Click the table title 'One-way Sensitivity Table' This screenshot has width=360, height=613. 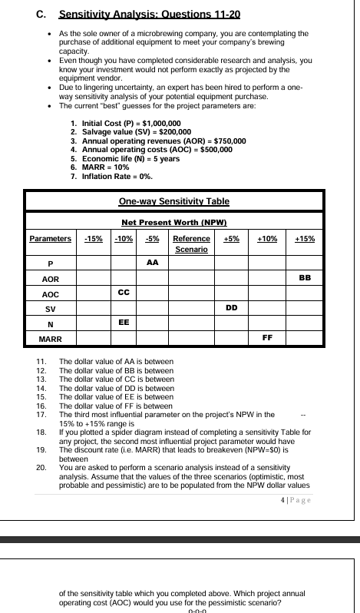point(174,201)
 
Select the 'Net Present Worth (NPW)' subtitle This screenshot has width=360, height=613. point(174,222)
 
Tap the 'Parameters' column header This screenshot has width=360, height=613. point(51,239)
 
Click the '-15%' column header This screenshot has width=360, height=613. point(94,239)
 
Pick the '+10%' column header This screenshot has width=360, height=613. point(267,239)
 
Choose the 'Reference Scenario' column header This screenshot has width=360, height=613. point(191,244)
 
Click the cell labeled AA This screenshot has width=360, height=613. point(152,262)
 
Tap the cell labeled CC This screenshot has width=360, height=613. point(123,292)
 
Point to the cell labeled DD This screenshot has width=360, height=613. point(231,307)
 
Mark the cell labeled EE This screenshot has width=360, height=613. point(123,322)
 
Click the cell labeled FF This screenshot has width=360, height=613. point(267,336)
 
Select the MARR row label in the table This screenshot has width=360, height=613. point(51,338)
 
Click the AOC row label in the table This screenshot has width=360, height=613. point(51,293)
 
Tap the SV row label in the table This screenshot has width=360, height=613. point(51,309)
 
